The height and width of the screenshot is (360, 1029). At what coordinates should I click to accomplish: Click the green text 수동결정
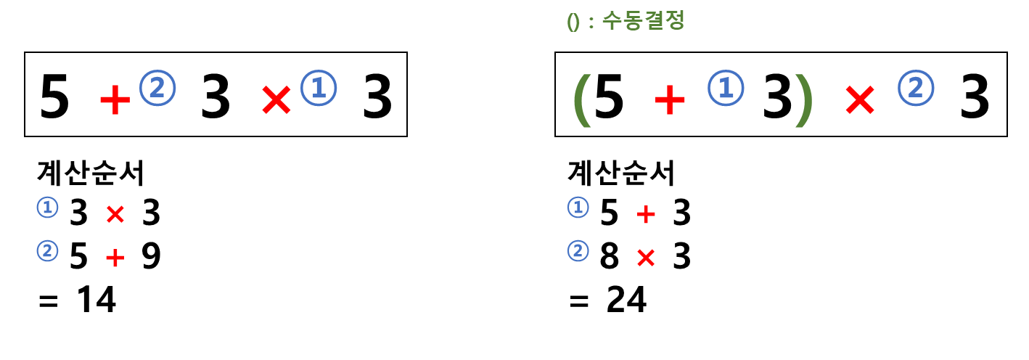643,20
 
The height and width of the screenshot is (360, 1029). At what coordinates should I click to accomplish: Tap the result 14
97,299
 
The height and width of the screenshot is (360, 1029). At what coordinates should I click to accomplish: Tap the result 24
626,299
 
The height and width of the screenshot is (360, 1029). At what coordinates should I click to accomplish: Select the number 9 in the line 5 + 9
151,255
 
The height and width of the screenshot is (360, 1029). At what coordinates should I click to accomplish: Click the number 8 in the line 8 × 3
609,255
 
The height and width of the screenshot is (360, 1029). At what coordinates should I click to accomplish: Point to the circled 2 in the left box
157,88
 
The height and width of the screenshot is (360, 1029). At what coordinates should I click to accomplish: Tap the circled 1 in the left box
319,88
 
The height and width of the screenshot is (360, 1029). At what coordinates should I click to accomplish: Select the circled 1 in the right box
726,88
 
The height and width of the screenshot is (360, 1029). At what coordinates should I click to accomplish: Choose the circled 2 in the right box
916,88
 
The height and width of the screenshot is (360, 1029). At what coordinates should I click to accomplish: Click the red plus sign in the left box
115,99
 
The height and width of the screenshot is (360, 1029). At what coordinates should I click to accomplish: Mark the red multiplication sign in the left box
276,99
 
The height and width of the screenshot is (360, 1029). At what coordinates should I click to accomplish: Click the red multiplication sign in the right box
859,99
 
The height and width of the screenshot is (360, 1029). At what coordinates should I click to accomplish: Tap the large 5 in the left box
54,97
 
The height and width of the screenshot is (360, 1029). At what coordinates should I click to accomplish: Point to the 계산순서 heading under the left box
91,173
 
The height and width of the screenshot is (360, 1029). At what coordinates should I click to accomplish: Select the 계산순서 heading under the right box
621,173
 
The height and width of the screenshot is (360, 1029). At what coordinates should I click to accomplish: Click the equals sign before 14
48,301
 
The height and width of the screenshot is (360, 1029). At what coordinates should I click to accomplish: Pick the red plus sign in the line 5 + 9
115,257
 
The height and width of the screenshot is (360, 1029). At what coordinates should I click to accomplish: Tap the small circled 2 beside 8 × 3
578,250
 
